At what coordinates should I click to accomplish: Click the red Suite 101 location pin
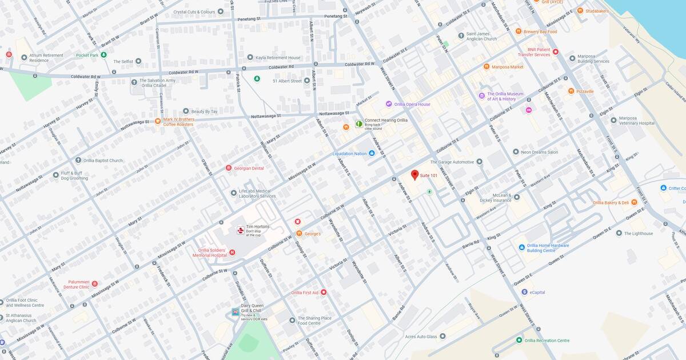(415, 174)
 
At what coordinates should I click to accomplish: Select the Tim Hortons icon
(241, 230)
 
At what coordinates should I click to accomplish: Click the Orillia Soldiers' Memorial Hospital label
(204, 253)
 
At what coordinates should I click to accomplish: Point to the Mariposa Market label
(507, 67)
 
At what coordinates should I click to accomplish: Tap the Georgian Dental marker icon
(229, 168)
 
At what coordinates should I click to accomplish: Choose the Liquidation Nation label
(349, 153)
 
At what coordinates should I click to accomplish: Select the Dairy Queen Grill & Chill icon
(236, 312)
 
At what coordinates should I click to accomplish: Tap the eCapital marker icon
(524, 292)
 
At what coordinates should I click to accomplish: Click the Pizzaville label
(585, 91)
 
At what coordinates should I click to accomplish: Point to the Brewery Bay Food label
(540, 31)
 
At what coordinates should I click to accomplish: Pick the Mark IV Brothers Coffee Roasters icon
(158, 121)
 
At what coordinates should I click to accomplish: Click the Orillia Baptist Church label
(103, 161)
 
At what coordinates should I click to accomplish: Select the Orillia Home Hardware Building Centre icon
(522, 247)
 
